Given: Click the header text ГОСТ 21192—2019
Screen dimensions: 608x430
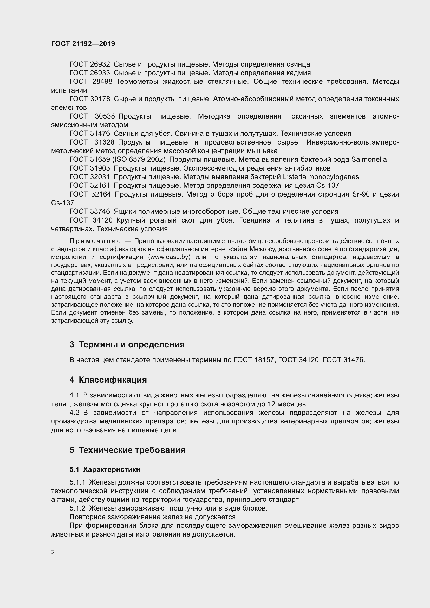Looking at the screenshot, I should tap(83, 44).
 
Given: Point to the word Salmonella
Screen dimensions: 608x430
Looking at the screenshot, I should tap(369, 160).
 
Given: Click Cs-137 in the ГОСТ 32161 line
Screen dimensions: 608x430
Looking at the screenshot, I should tap(328, 185).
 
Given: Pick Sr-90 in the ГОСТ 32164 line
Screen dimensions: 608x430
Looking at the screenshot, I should tap(361, 194).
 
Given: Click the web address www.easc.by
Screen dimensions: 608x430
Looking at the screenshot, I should tap(169, 257).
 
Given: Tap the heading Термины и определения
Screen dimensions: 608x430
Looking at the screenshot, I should tap(132, 344).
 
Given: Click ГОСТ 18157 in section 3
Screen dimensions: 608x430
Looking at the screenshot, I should tap(254, 360).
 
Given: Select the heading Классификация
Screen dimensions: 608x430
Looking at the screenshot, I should tap(113, 380).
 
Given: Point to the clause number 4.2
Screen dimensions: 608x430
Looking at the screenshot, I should tap(74, 413).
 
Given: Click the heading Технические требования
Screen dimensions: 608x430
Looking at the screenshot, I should tap(132, 450).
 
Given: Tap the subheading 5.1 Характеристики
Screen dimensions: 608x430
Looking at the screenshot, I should tap(105, 469).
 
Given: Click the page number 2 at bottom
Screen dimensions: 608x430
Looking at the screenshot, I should tap(53, 552).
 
